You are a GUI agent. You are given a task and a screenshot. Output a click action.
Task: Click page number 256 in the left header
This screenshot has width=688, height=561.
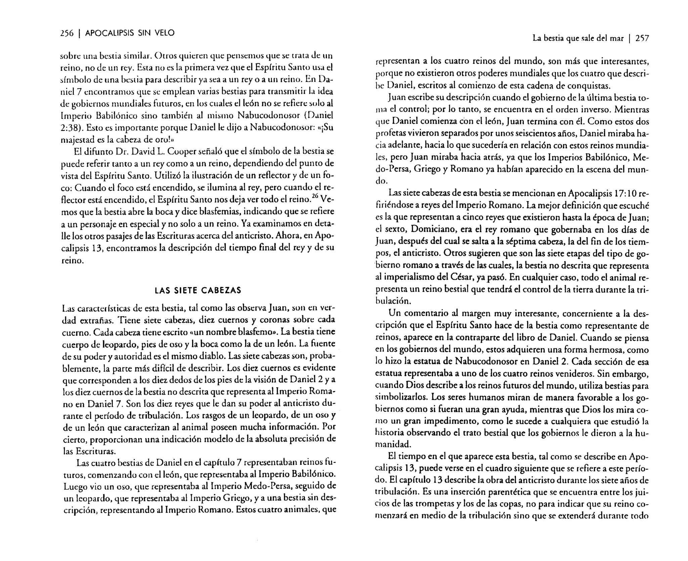[67, 33]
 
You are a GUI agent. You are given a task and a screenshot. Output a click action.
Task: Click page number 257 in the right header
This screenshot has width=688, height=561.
[642, 39]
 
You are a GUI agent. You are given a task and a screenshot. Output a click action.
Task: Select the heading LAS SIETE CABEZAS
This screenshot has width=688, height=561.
[198, 291]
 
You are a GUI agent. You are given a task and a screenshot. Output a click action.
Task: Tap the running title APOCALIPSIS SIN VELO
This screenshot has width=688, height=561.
[130, 33]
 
